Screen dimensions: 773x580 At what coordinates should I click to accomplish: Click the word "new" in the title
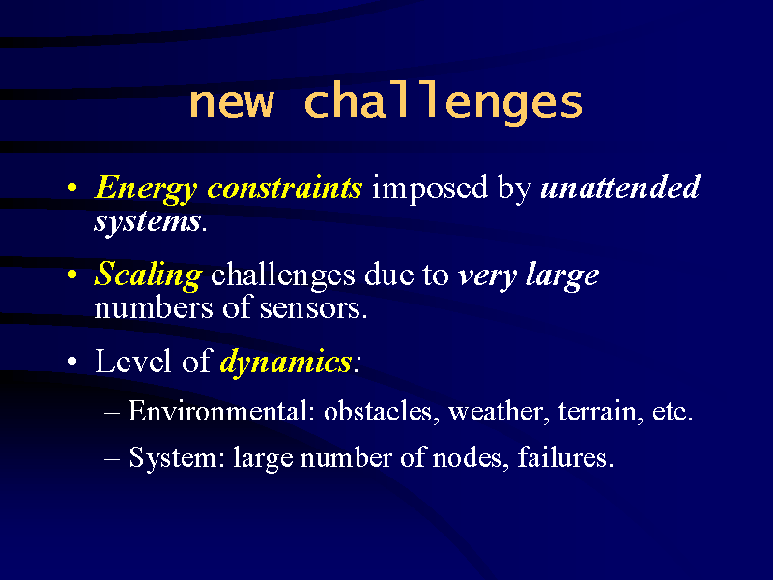(231, 102)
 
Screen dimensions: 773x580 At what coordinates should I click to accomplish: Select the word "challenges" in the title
(444, 102)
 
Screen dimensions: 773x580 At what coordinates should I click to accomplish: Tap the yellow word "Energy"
(146, 188)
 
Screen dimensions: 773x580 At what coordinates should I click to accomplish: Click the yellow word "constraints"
(284, 188)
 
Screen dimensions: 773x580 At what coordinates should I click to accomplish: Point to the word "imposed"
(430, 188)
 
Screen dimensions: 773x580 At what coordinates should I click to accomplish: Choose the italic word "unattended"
(620, 187)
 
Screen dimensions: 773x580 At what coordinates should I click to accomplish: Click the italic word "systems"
(148, 222)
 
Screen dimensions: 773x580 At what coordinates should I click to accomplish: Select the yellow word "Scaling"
(148, 275)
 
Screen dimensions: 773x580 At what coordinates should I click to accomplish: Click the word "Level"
(133, 361)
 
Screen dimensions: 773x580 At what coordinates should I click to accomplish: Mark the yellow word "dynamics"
(285, 362)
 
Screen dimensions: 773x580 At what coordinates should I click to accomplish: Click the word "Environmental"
(219, 410)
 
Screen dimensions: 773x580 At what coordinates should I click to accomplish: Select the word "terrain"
(598, 412)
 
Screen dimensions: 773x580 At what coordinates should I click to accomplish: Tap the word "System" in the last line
(173, 458)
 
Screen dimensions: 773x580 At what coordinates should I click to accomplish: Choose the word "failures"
(562, 457)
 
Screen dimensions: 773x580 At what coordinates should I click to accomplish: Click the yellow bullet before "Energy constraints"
(72, 188)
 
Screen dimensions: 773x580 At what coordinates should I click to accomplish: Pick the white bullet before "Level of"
(72, 362)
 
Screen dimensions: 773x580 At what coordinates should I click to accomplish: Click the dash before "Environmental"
(112, 413)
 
